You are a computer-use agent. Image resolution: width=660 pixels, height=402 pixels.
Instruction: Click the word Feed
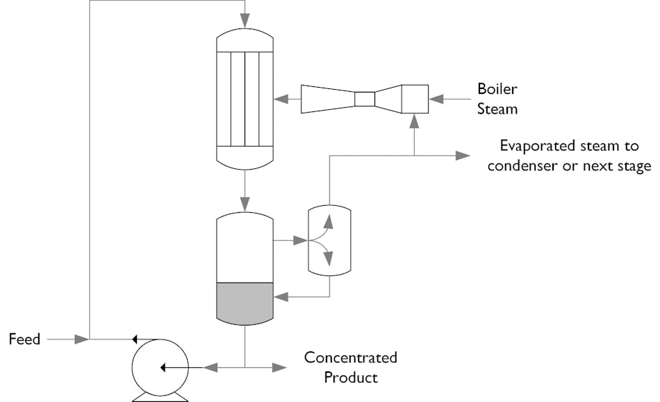coord(24,339)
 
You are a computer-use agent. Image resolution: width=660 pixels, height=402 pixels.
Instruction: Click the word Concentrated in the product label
coord(350,357)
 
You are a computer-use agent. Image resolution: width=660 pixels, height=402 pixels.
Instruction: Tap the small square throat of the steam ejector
coord(364,99)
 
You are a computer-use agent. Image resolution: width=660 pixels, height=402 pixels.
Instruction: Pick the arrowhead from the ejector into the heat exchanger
coord(281,99)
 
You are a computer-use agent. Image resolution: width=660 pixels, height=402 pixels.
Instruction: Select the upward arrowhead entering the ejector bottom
coord(415,122)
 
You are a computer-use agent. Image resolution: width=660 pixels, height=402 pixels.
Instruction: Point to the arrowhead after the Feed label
coord(82,339)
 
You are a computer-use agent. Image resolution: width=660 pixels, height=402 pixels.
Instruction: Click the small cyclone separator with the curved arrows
coord(329,241)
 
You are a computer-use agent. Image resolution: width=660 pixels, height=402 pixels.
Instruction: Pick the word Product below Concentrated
coord(351,378)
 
